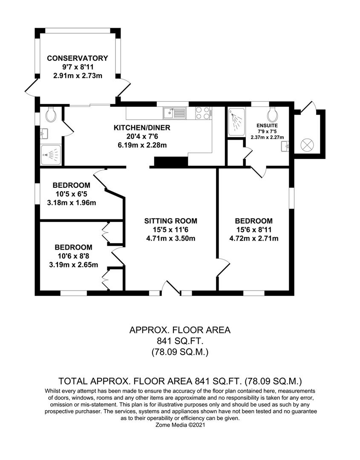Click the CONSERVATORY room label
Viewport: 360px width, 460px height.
pos(78,58)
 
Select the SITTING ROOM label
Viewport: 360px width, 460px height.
pos(170,221)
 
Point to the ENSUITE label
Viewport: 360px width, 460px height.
pos(267,126)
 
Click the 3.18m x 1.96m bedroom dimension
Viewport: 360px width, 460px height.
pos(71,202)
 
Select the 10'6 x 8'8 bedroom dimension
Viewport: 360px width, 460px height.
pos(73,256)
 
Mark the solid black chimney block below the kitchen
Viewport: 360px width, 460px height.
pos(171,162)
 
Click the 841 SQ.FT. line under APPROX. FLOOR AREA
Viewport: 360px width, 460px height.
pos(179,341)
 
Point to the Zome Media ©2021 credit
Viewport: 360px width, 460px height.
pos(180,425)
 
